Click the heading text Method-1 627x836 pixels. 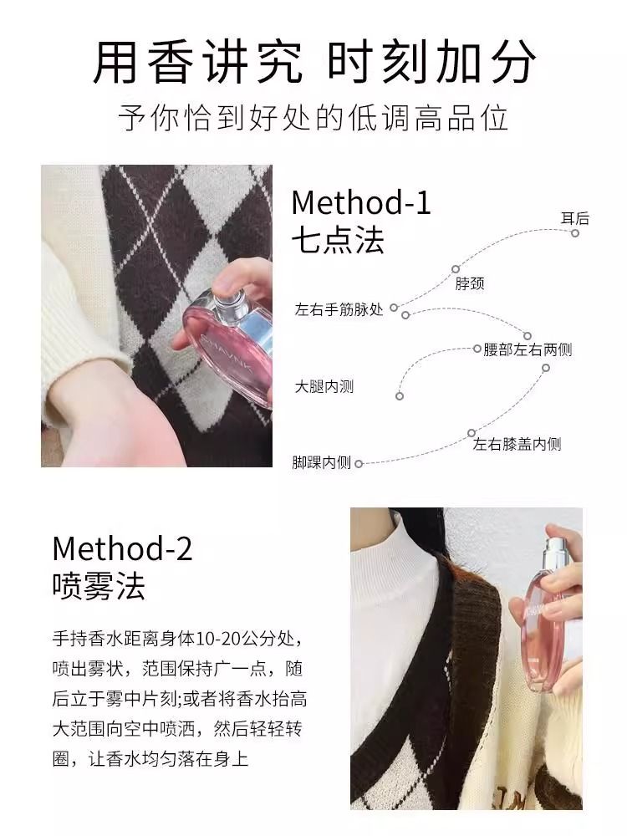[361, 202]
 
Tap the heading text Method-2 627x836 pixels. [122, 548]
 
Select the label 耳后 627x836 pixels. [575, 218]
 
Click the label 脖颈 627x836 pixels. [470, 283]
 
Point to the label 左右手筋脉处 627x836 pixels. [339, 309]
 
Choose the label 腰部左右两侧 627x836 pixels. [528, 349]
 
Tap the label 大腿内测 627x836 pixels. [324, 386]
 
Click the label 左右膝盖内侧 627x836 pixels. [517, 444]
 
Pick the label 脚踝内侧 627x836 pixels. [322, 462]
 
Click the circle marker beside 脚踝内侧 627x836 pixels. [359, 464]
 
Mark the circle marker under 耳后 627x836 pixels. [575, 233]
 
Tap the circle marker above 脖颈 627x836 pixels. [456, 269]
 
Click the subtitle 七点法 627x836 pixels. [338, 240]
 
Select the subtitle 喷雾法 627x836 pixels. [99, 586]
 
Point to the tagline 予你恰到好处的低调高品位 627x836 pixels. [313, 118]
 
